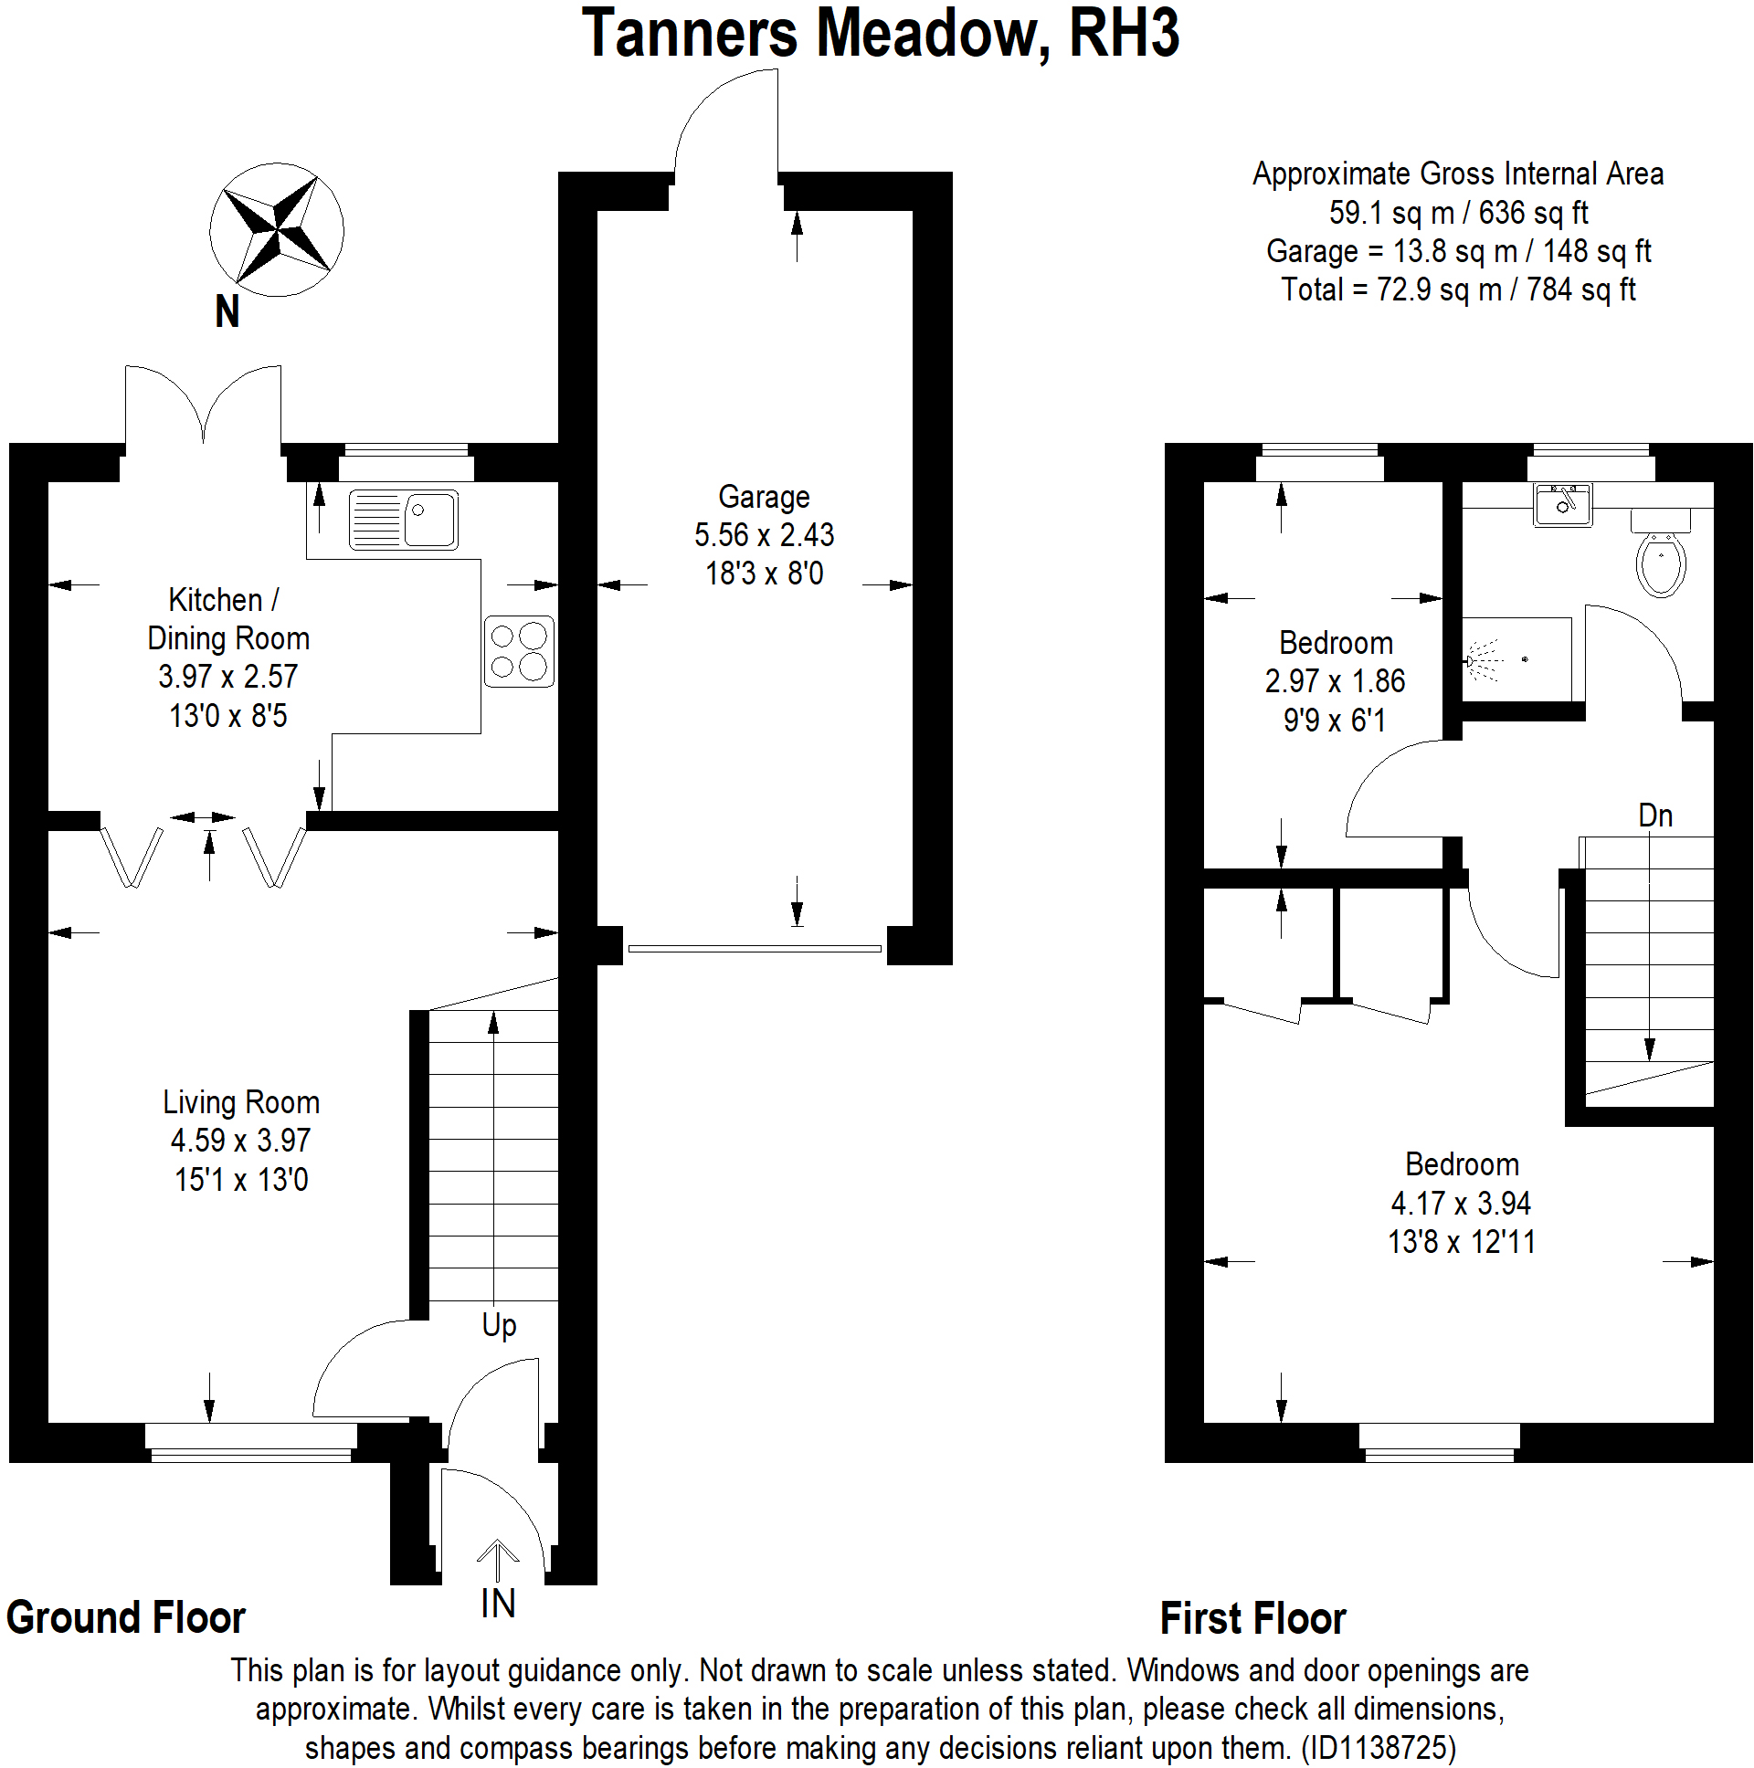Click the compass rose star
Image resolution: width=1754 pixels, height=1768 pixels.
point(277,230)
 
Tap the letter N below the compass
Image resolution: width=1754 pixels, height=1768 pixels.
point(227,312)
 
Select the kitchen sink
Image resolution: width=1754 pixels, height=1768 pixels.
point(403,520)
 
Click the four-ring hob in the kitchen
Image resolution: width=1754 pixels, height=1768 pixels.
point(519,650)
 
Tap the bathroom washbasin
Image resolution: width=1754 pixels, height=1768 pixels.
point(1563,504)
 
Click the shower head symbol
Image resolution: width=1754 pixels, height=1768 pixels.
point(1475,658)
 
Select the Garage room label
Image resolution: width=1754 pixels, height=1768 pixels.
point(764,497)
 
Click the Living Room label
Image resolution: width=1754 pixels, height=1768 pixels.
point(241,1101)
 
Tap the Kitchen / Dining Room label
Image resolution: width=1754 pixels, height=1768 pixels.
point(227,619)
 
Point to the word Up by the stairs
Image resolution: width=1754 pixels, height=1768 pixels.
point(499,1324)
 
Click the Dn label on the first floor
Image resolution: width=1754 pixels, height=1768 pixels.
point(1654,816)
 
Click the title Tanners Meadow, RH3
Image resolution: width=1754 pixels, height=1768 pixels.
point(880,34)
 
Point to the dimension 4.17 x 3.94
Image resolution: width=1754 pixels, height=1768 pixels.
point(1461,1203)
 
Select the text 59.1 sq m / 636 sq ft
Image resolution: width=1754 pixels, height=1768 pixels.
point(1457,212)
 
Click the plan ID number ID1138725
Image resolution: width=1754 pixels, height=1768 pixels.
point(1378,1747)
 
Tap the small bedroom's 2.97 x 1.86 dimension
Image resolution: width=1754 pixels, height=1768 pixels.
point(1335,681)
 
